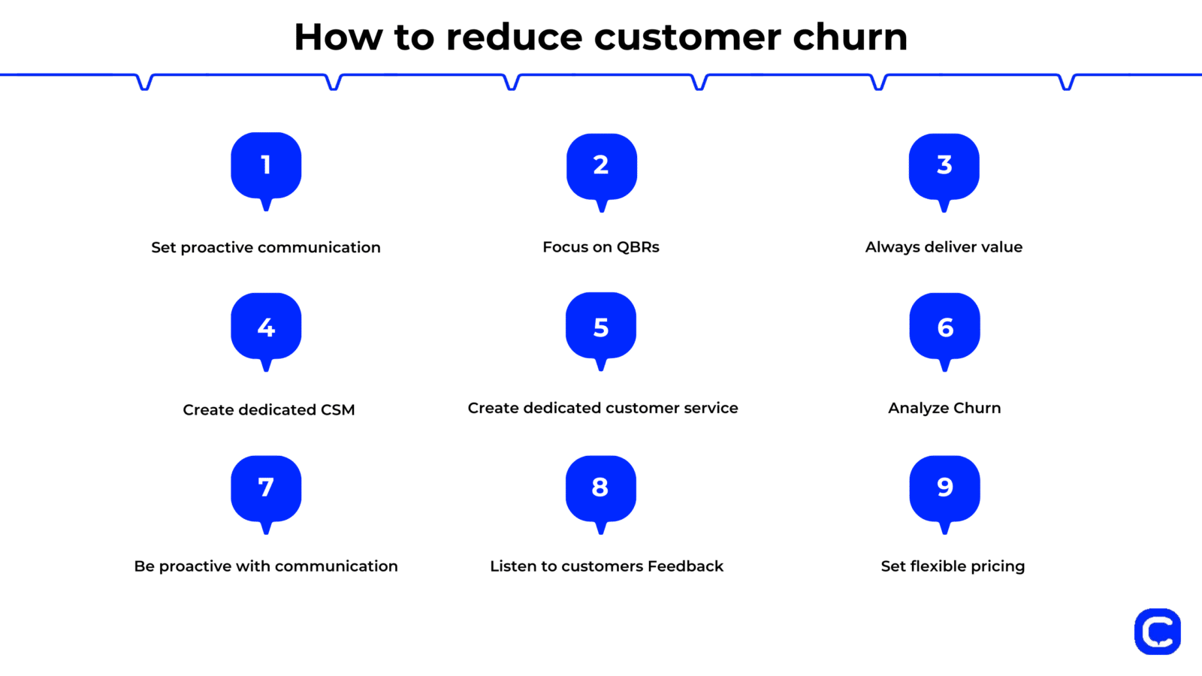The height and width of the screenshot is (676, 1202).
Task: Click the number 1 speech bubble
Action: point(266,166)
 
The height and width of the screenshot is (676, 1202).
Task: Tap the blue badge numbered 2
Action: point(601,167)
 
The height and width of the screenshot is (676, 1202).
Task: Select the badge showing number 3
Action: point(944,167)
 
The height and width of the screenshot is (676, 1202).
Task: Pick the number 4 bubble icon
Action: point(266,327)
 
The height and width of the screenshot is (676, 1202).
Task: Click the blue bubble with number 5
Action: point(601,327)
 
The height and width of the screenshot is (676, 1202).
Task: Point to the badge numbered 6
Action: point(945,327)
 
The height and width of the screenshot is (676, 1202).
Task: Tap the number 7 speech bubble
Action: point(266,488)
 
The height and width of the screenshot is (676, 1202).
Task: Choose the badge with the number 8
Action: point(601,488)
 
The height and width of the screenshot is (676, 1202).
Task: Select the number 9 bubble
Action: point(945,488)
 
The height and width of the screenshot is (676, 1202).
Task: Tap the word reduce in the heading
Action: point(514,37)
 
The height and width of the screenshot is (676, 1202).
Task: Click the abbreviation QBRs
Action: point(638,247)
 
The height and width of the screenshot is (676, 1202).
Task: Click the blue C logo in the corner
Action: point(1157,632)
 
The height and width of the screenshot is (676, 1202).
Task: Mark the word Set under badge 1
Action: point(163,248)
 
